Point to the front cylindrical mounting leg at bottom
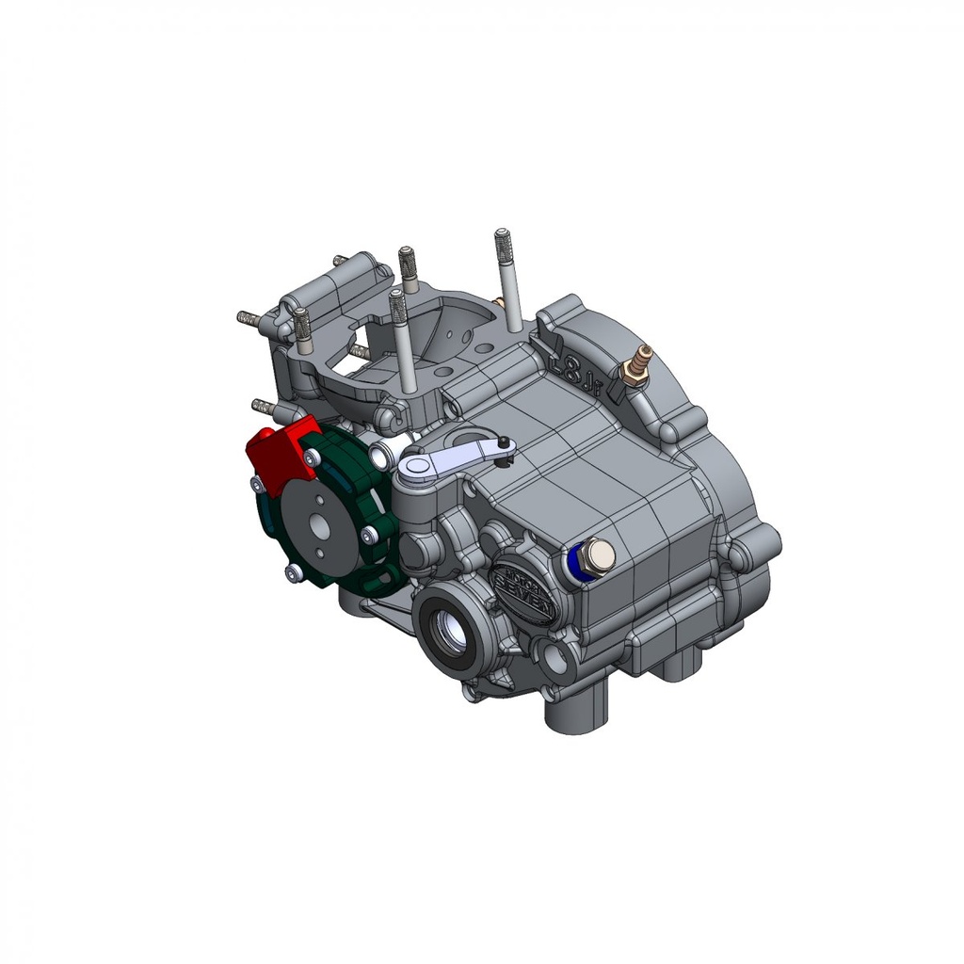point(574,711)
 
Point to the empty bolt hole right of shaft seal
point(553,660)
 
